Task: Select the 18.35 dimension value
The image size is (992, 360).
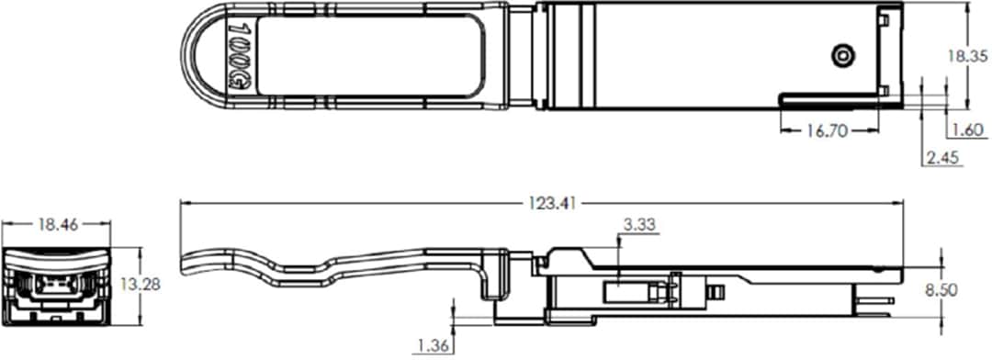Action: coord(967,56)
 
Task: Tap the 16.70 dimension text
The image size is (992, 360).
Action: coord(825,130)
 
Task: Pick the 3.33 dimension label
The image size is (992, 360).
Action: coord(639,224)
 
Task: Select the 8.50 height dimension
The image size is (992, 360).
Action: coord(967,288)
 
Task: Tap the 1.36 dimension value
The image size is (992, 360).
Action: coord(432,345)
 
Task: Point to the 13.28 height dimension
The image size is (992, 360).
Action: coord(141,285)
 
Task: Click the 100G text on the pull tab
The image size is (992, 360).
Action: coord(236,56)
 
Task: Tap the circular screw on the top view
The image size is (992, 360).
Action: coord(840,57)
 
